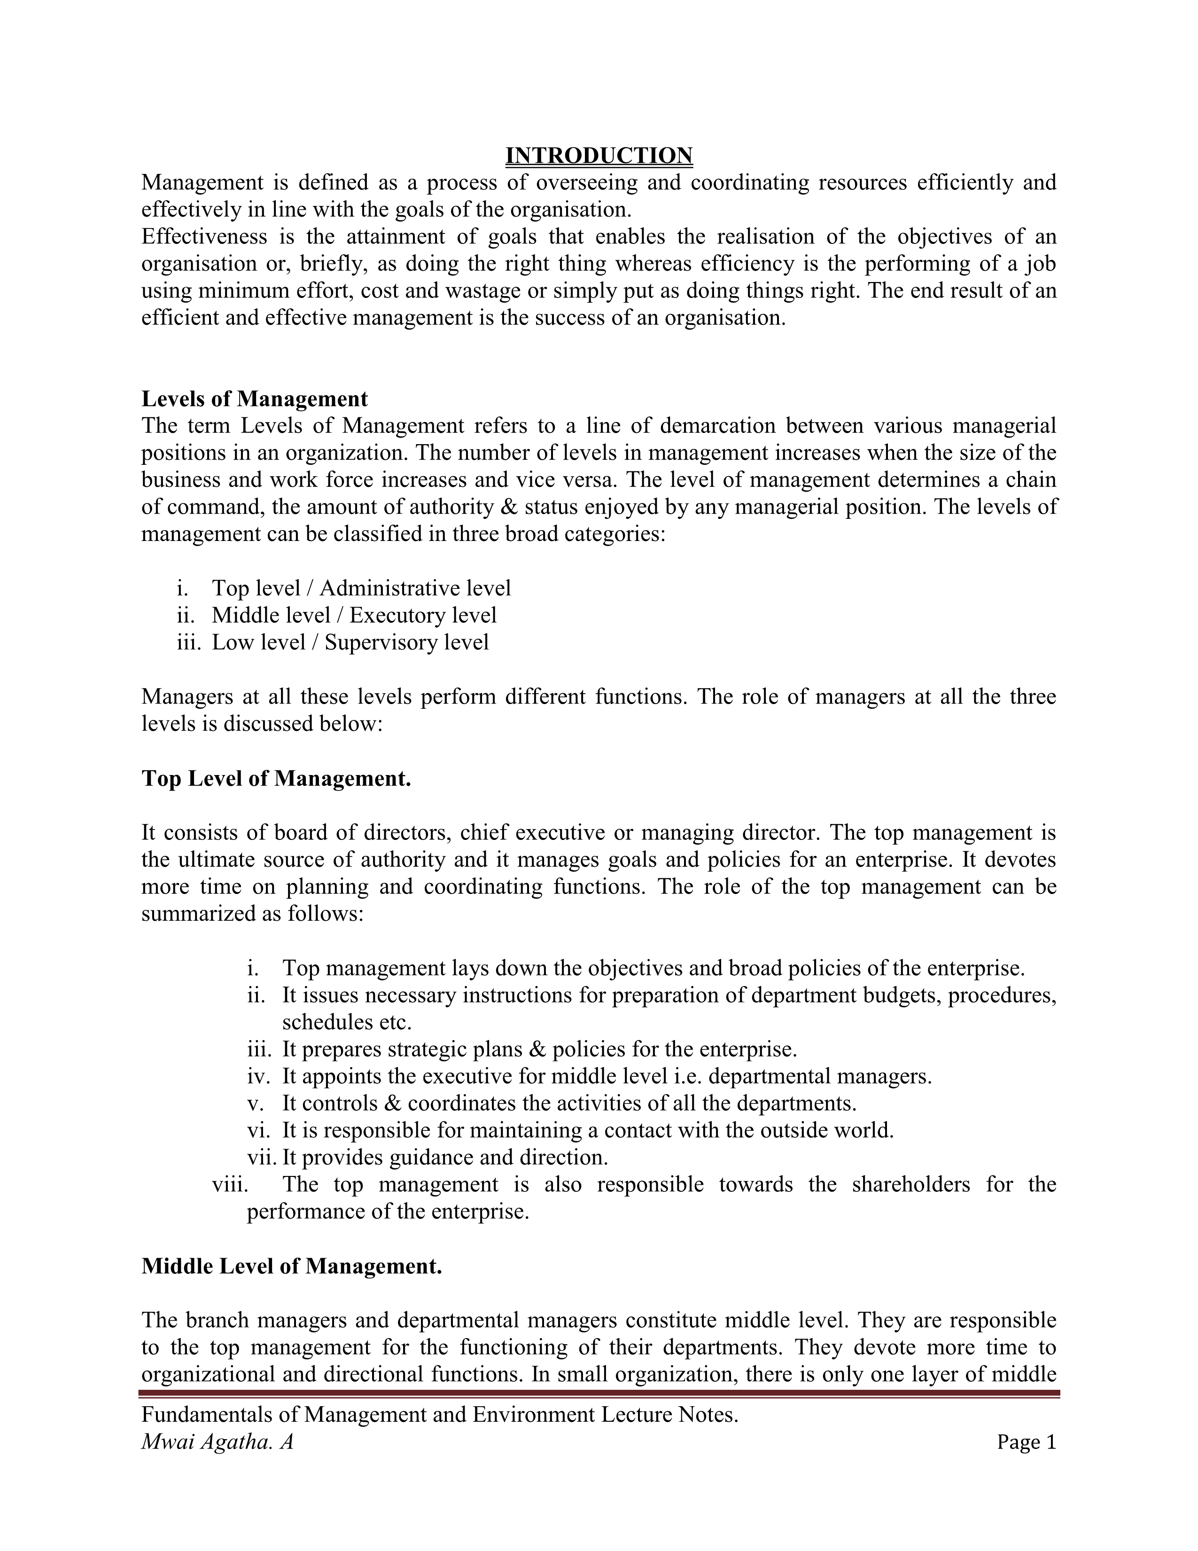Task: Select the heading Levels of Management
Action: point(255,399)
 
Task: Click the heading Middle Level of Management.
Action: point(292,1266)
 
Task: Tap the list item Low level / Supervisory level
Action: point(350,642)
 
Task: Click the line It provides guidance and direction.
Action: point(445,1158)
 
